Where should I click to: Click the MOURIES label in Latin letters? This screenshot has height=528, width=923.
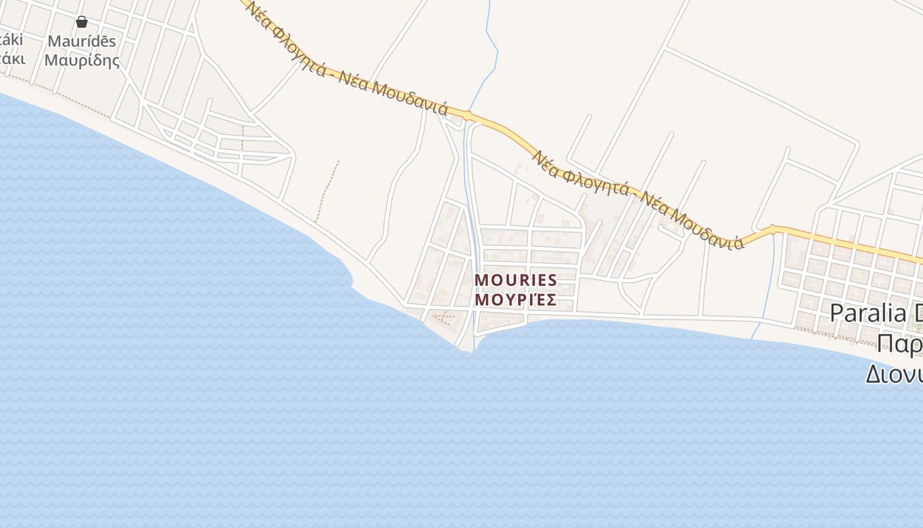pos(516,280)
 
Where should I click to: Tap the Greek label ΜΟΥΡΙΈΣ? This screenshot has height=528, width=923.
pos(516,300)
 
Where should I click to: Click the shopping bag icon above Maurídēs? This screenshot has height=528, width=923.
pos(82,22)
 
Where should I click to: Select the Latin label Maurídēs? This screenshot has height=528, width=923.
pos(82,42)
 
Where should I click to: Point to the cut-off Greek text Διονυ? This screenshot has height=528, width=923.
pos(894,374)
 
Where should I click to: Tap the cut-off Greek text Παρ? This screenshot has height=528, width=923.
pos(900,344)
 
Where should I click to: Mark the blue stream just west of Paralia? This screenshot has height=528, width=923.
pos(767,284)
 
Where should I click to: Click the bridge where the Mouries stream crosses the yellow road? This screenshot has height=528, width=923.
pos(467,117)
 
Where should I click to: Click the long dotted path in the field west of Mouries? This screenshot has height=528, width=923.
pos(327,191)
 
